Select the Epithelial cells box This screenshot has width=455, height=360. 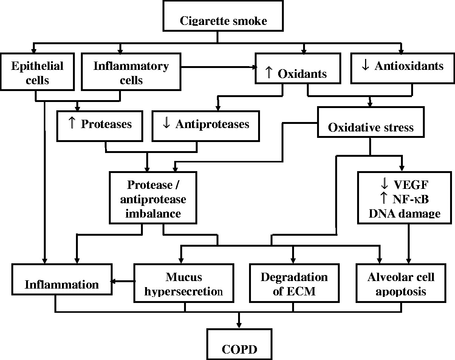[x=37, y=72]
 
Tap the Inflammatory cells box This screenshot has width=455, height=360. [x=131, y=72]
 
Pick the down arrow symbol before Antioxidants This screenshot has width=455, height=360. [x=365, y=66]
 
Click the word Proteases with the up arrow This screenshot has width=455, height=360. [x=106, y=124]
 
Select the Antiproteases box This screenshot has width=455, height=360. [x=206, y=124]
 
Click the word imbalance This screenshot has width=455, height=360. [x=153, y=213]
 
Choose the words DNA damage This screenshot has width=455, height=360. [x=405, y=213]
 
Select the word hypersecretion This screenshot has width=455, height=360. [x=184, y=291]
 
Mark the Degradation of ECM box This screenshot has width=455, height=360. [x=294, y=284]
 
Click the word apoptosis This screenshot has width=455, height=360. [x=401, y=291]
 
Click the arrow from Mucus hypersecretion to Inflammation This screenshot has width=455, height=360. [x=123, y=281]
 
